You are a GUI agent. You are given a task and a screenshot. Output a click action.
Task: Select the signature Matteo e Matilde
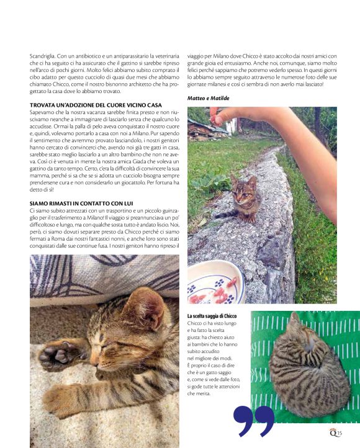[x=207, y=98]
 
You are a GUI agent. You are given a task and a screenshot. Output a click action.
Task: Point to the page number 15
[x=340, y=433]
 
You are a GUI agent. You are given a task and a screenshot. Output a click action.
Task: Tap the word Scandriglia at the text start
[x=43, y=56]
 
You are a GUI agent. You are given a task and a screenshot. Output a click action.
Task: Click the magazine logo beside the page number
[x=333, y=432]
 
